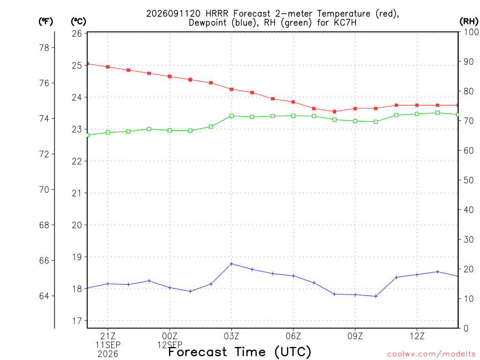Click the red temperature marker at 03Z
point(232,90)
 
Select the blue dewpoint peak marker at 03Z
point(232,264)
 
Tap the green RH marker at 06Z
point(293,116)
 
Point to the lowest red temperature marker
point(335,112)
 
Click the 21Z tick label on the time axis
point(108,336)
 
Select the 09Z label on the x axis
point(355,336)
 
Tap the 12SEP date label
point(170,345)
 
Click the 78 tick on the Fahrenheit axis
point(45,48)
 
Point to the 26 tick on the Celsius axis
point(77,33)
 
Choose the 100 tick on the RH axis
point(471,32)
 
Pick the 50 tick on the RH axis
point(469,180)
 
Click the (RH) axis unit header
point(469,21)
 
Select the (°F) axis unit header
point(45,22)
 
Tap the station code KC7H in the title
point(345,22)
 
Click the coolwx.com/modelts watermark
point(431,354)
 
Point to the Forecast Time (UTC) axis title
point(240,352)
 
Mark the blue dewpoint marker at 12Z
point(417,275)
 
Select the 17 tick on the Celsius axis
point(77,321)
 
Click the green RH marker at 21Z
point(108,133)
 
